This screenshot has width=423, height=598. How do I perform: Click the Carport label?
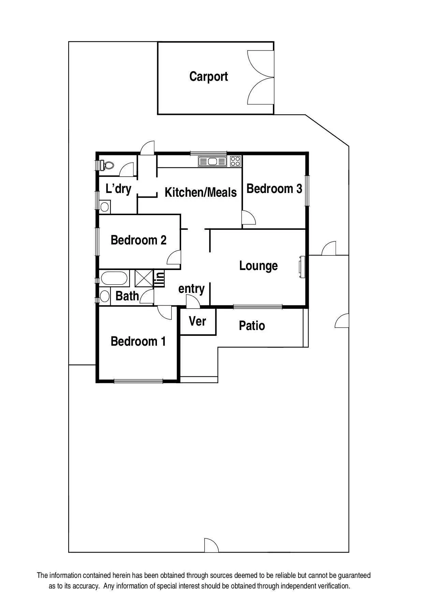click(x=208, y=77)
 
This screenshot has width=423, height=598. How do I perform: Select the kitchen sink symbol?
click(x=212, y=161)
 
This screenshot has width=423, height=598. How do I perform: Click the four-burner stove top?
click(x=235, y=161)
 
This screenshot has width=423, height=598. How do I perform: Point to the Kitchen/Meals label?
click(x=201, y=193)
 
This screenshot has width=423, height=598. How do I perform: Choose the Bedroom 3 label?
click(x=274, y=189)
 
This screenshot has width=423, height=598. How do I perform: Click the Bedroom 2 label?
click(x=138, y=240)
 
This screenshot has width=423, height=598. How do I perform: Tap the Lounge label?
click(x=258, y=266)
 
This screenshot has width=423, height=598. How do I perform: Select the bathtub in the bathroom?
click(x=114, y=278)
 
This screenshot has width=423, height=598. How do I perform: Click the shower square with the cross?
click(x=144, y=278)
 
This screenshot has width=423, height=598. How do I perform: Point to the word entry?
click(x=191, y=289)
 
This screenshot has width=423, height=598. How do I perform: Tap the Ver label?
click(x=198, y=321)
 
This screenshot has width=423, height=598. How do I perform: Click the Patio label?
click(x=252, y=326)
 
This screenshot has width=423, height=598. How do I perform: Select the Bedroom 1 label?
click(x=138, y=341)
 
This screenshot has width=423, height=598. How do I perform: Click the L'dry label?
click(x=118, y=188)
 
